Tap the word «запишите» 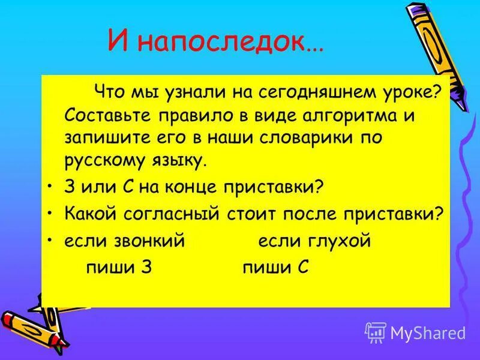[x=101, y=137]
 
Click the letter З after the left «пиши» [x=144, y=268]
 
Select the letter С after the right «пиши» [x=302, y=268]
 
